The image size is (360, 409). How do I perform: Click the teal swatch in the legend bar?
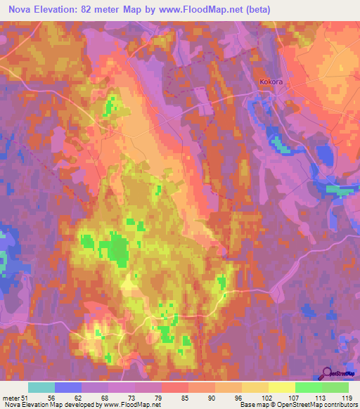coord(41,387)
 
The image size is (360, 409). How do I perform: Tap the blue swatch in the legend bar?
coord(68,387)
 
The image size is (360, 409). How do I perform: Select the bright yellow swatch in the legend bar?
coord(282,387)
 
